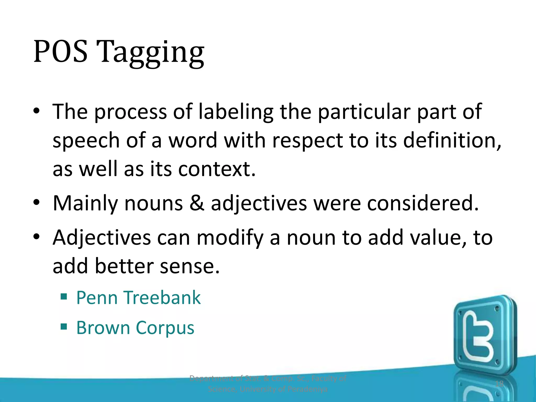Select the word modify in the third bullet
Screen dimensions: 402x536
point(230,238)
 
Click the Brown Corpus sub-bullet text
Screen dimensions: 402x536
point(135,328)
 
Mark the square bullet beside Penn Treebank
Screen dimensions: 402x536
point(64,297)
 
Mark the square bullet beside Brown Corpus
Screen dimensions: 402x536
point(64,326)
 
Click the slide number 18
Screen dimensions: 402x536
point(499,384)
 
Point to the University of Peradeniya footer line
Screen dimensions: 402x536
point(267,389)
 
